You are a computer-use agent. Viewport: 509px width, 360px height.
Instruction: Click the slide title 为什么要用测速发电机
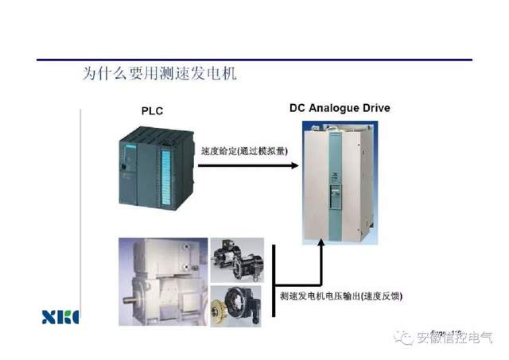coord(160,74)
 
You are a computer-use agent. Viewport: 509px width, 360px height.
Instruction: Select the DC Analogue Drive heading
coord(340,107)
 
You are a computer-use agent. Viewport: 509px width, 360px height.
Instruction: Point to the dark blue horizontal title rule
coord(254,59)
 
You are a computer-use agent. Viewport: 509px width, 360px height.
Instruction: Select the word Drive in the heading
coord(374,107)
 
